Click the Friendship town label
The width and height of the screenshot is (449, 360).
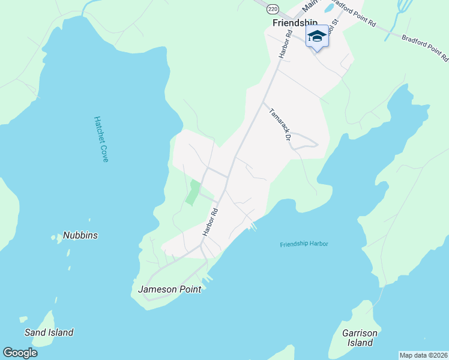[295, 23]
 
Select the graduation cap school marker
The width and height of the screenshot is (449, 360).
[317, 37]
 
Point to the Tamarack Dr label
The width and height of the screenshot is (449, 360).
[280, 124]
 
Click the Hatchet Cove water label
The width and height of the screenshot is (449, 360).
[100, 139]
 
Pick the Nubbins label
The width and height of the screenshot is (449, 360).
[80, 236]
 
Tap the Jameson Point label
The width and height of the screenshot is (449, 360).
[169, 289]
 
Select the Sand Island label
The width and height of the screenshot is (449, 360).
[49, 332]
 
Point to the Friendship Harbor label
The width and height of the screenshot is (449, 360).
[304, 244]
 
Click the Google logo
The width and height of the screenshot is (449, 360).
[20, 353]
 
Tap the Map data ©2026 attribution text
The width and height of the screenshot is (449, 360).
[424, 355]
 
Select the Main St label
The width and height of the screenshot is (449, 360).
[310, 6]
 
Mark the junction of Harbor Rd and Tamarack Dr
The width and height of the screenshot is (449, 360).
[262, 103]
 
